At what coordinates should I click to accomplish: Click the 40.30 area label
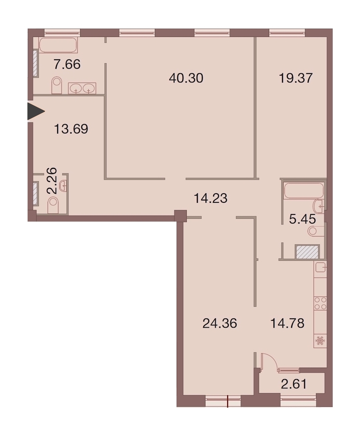[x=186, y=78]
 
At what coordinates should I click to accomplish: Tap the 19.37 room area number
[x=296, y=78]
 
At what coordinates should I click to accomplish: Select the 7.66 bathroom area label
[x=67, y=64]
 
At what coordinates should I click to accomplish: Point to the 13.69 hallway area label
[x=71, y=129]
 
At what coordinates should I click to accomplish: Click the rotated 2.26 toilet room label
[x=52, y=181]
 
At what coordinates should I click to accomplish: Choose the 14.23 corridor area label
[x=210, y=199]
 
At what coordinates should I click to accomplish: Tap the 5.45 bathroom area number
[x=302, y=219]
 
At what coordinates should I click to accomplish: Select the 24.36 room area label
[x=220, y=324]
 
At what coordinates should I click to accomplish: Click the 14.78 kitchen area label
[x=287, y=324]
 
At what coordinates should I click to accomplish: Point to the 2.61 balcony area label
[x=294, y=384]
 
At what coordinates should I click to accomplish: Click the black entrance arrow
[x=36, y=112]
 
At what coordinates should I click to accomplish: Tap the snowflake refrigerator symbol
[x=320, y=341]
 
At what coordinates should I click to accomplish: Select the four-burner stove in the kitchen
[x=320, y=303]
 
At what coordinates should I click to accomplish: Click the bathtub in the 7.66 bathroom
[x=58, y=45]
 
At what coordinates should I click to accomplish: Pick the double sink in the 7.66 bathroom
[x=82, y=88]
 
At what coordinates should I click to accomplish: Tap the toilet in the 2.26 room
[x=53, y=205]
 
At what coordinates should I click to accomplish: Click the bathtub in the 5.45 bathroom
[x=304, y=190]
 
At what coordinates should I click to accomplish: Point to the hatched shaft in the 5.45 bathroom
[x=307, y=252]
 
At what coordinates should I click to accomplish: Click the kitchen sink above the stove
[x=320, y=268]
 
